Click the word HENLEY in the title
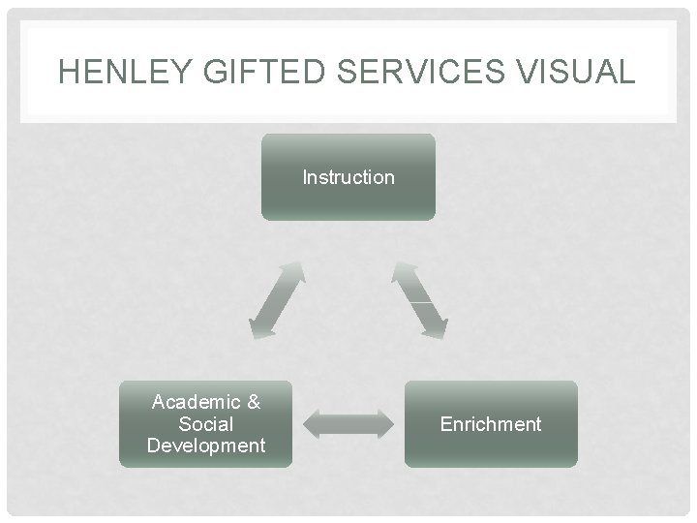coord(110,72)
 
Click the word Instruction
coord(348,177)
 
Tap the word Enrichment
coord(491,424)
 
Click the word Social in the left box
coord(205,423)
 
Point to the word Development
coord(205,446)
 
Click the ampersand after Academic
coord(253,401)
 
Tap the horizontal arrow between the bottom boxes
coord(348,423)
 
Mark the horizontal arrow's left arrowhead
coord(313,423)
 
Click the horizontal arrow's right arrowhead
coord(383,423)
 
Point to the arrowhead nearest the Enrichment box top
coord(435,326)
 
